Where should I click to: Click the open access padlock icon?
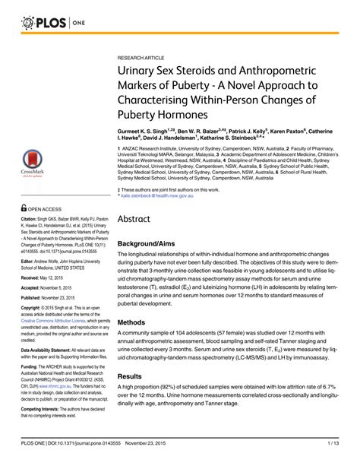tap(25, 207)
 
